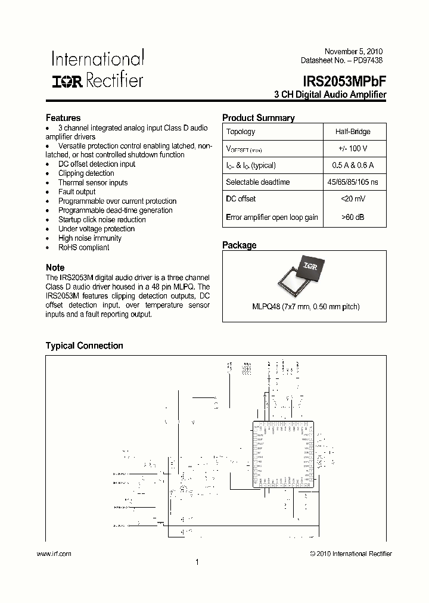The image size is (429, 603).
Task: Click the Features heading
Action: click(x=63, y=118)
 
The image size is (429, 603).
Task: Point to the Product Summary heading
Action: click(x=258, y=118)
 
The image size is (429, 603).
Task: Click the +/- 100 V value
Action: click(x=354, y=148)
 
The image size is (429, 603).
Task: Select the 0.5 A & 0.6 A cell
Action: click(x=354, y=166)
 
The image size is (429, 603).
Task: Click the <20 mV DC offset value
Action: click(x=354, y=199)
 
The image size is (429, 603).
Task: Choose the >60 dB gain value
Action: click(x=354, y=217)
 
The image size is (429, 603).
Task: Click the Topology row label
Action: click(x=241, y=132)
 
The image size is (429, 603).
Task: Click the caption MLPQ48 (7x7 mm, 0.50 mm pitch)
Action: click(x=304, y=307)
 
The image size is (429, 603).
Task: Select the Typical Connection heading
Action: click(x=85, y=346)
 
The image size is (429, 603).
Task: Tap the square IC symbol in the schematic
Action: click(x=284, y=454)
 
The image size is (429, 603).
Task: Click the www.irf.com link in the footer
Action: click(x=54, y=554)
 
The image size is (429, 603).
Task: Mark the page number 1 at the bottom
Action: click(x=197, y=562)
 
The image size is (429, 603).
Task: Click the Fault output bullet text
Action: click(x=77, y=192)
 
